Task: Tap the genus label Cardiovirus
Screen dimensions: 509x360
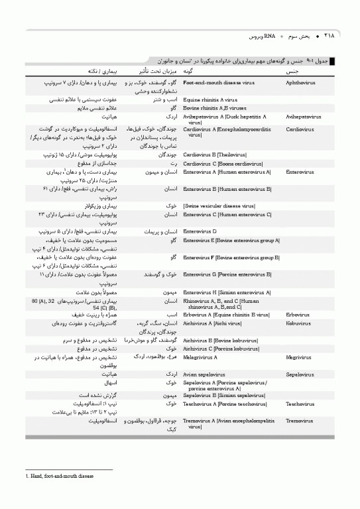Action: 300,129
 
